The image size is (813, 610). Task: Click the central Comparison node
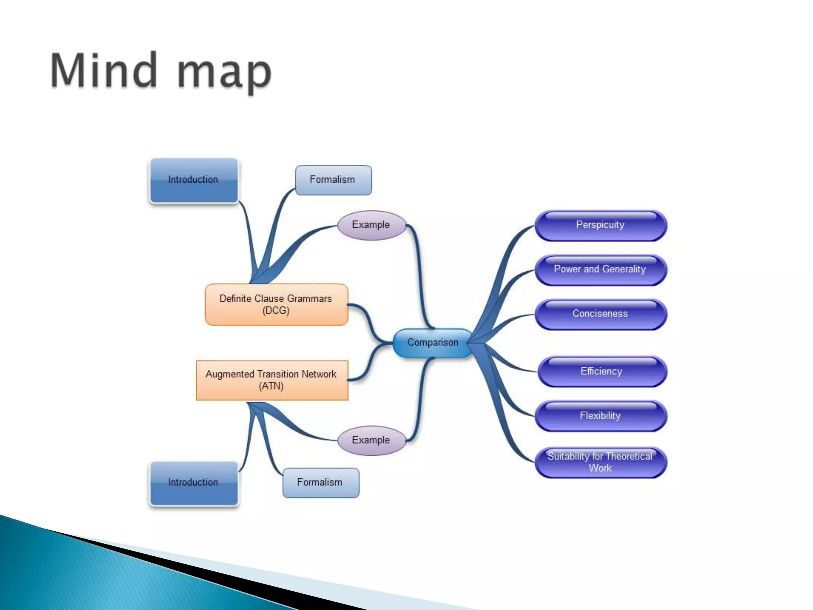pyautogui.click(x=433, y=343)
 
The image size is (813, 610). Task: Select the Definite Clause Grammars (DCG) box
pyautogui.click(x=276, y=305)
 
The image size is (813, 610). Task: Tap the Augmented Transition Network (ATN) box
pyautogui.click(x=272, y=380)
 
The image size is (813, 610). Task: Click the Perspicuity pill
pyautogui.click(x=600, y=225)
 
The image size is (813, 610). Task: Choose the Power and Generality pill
pyautogui.click(x=600, y=270)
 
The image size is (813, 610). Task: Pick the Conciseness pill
pyautogui.click(x=600, y=314)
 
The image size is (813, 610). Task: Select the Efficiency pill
pyautogui.click(x=601, y=372)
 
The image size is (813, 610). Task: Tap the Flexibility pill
pyautogui.click(x=600, y=416)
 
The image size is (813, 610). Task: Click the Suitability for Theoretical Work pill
pyautogui.click(x=600, y=462)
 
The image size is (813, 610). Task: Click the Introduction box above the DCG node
pyautogui.click(x=193, y=180)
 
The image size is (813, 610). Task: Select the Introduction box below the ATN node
pyautogui.click(x=193, y=483)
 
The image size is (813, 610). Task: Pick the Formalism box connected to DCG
pyautogui.click(x=333, y=180)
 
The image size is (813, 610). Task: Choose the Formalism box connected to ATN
pyautogui.click(x=320, y=483)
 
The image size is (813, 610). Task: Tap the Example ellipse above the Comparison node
pyautogui.click(x=371, y=225)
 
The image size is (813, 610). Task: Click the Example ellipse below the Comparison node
pyautogui.click(x=371, y=440)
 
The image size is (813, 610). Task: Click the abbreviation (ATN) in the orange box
pyautogui.click(x=271, y=386)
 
